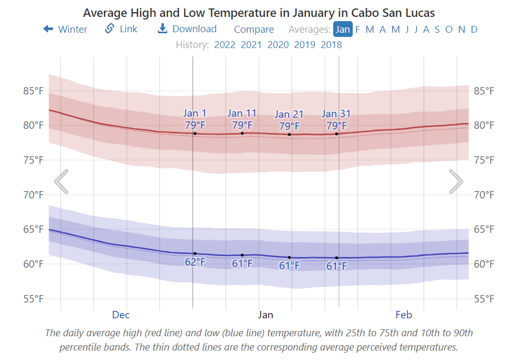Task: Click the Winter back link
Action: click(x=65, y=29)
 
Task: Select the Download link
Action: click(x=187, y=29)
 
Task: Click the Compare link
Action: click(x=254, y=30)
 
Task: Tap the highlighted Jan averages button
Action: click(x=343, y=29)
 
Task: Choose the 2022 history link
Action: click(x=224, y=45)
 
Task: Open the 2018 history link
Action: click(x=331, y=45)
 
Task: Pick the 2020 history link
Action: click(x=278, y=45)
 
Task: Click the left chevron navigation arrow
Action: click(x=61, y=182)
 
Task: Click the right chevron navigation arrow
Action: click(x=456, y=182)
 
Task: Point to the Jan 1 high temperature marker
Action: click(x=195, y=134)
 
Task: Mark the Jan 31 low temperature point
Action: click(x=336, y=258)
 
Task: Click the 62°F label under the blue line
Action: click(x=195, y=262)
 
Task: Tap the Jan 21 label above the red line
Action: click(x=289, y=115)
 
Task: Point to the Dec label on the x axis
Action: click(x=120, y=315)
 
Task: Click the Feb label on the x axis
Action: click(x=403, y=315)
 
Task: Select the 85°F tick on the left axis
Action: click(x=33, y=91)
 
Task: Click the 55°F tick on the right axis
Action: click(x=484, y=299)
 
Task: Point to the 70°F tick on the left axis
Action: click(x=33, y=195)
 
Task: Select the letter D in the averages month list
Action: click(x=474, y=30)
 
